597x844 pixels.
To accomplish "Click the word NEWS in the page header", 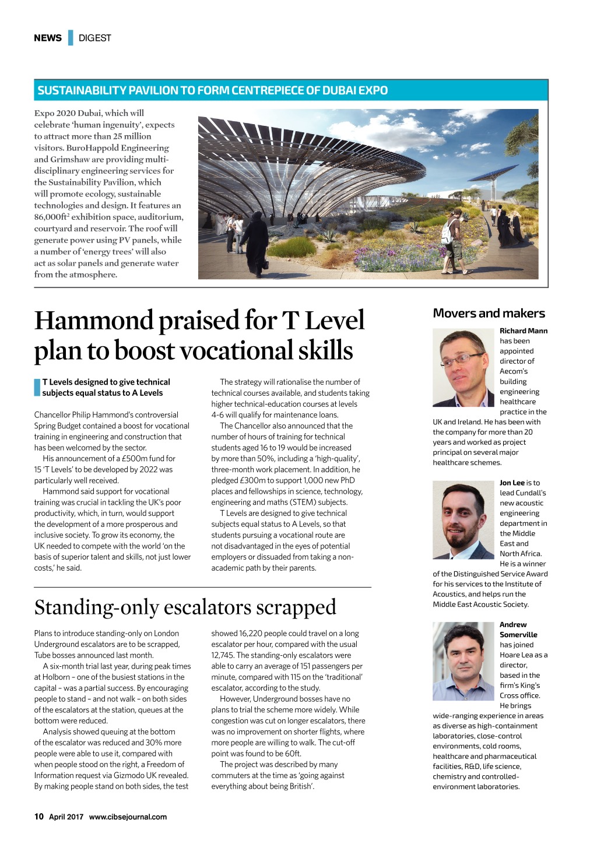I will pyautogui.click(x=48, y=38).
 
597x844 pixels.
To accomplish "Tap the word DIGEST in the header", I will pyautogui.click(x=94, y=38).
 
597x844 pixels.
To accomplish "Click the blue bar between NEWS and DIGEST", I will pyautogui.click(x=71, y=38).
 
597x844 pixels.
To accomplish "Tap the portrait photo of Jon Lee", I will pyautogui.click(x=463, y=520).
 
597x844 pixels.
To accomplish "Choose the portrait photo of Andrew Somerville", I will pyautogui.click(x=463, y=661).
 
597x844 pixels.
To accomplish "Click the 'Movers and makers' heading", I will pyautogui.click(x=489, y=314).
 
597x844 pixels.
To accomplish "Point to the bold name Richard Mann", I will pyautogui.click(x=524, y=330).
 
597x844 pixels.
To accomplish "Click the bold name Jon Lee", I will pyautogui.click(x=512, y=483).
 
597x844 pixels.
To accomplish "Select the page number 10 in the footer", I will pyautogui.click(x=39, y=817).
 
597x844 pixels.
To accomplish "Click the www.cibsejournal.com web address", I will pyautogui.click(x=128, y=817).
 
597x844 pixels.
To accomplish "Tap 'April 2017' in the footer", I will pyautogui.click(x=66, y=817).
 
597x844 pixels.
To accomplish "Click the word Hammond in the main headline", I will pyautogui.click(x=93, y=321).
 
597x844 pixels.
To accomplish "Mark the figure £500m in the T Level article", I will pyautogui.click(x=138, y=459).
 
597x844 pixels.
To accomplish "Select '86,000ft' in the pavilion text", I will pyautogui.click(x=51, y=217).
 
